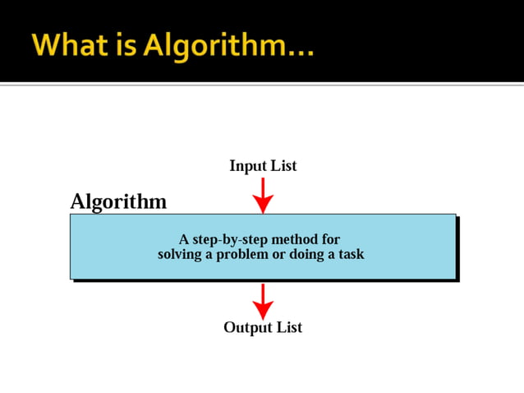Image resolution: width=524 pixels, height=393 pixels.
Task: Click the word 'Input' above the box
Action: click(247, 166)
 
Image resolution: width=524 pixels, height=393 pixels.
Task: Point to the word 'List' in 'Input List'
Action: click(283, 166)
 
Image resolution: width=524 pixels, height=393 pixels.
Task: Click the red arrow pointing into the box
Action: click(263, 195)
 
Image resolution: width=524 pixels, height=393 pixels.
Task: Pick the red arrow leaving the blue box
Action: click(263, 301)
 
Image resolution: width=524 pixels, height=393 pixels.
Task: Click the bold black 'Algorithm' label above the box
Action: click(118, 201)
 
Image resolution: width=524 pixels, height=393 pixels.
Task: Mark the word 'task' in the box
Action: click(351, 255)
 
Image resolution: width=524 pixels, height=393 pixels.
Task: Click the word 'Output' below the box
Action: click(246, 327)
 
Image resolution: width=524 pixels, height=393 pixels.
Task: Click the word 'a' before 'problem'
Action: click(210, 256)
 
